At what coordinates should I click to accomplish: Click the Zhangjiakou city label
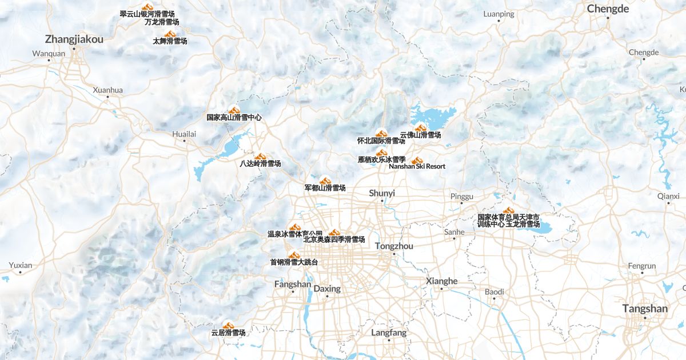(x=74, y=39)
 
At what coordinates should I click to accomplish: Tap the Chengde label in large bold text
(x=608, y=9)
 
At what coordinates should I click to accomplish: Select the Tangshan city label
(x=645, y=309)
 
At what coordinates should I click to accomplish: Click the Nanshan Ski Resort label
(x=417, y=166)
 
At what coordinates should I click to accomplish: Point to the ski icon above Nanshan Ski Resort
(x=417, y=160)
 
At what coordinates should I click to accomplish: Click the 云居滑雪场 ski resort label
(x=228, y=333)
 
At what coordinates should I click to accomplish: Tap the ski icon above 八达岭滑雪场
(x=260, y=157)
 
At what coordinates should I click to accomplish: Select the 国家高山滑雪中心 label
(x=234, y=117)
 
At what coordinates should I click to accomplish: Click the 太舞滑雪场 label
(x=170, y=41)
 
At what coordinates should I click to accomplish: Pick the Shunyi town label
(x=382, y=193)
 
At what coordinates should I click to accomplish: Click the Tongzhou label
(x=394, y=246)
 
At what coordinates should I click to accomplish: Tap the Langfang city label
(x=389, y=333)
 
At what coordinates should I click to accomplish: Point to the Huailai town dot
(x=184, y=141)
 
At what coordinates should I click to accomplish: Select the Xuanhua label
(x=107, y=90)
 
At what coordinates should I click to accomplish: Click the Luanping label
(x=498, y=14)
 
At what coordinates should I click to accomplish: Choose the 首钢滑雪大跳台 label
(x=294, y=262)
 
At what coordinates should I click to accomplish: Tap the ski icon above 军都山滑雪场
(x=325, y=181)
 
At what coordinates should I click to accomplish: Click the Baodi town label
(x=494, y=292)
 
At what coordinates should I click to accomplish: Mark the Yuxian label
(x=21, y=265)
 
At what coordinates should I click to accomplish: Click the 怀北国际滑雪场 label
(x=381, y=141)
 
